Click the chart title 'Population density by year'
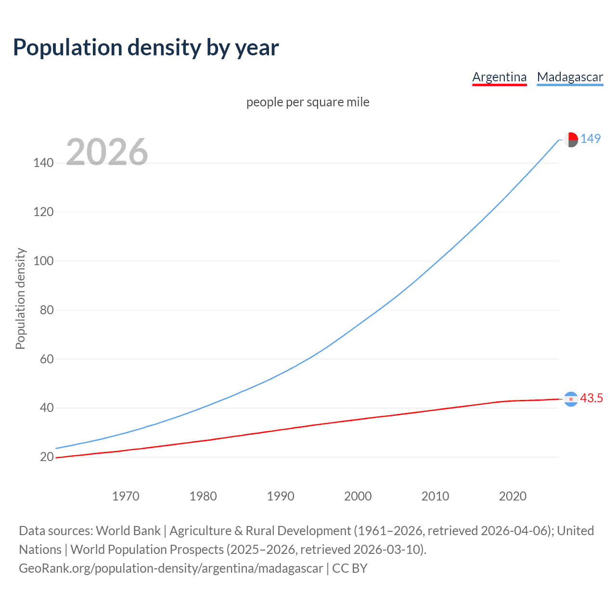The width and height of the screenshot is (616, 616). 146,48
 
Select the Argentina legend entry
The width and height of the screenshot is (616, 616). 499,77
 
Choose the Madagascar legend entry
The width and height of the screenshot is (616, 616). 570,77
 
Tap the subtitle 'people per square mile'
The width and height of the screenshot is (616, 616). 308,102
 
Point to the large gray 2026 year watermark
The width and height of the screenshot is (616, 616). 107,152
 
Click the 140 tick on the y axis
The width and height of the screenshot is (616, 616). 43,163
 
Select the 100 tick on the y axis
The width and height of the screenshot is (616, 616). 43,261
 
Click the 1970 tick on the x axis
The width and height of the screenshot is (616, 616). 126,496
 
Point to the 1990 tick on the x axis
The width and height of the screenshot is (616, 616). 281,496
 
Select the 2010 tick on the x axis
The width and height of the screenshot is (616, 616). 435,496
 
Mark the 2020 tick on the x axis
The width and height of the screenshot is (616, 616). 513,496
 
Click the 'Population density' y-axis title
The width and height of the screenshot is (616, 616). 20,298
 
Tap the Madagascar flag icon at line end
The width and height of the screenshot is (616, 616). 571,140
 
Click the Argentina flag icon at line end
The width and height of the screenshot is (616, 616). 571,399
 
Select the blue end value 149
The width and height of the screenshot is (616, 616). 590,139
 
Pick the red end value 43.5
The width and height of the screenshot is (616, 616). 591,398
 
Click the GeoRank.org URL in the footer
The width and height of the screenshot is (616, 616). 171,568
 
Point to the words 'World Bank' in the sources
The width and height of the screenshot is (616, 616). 128,531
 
